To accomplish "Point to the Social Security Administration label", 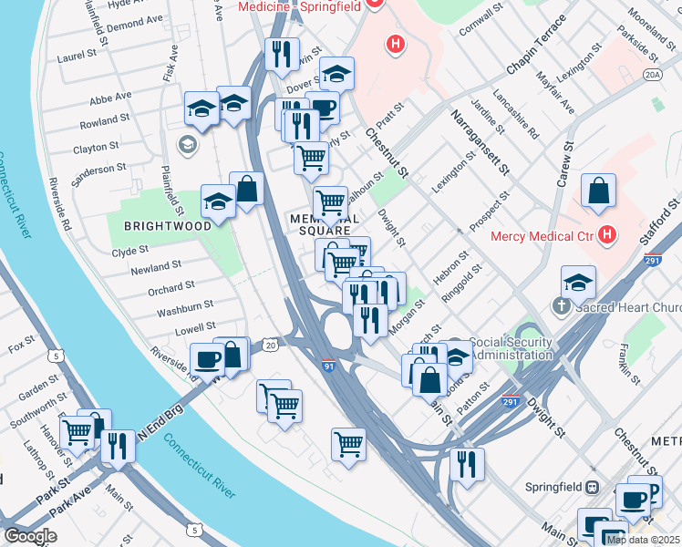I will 511,348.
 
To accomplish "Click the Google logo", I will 30,536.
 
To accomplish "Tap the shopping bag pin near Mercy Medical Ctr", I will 599,192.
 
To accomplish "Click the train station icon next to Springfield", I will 592,487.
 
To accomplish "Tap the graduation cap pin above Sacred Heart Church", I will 579,282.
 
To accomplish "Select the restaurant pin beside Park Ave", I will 118,446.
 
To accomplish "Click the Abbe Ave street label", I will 110,95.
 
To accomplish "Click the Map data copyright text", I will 643,540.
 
